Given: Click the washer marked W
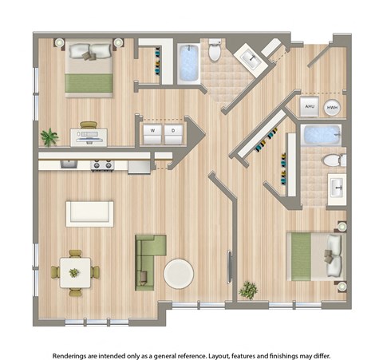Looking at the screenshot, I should (152, 130).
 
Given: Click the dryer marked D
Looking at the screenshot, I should (175, 130).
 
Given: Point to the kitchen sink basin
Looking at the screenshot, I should (68, 165).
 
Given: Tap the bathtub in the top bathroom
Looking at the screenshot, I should (188, 62).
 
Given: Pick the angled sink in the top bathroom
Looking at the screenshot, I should (250, 58).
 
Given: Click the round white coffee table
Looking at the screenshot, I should (178, 274).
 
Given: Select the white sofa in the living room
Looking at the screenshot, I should (89, 213).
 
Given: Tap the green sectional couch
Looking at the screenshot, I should (149, 260).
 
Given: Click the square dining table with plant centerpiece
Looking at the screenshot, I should (74, 272).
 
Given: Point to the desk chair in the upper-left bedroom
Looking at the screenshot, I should (88, 125).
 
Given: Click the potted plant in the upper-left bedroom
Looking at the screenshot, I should (49, 137).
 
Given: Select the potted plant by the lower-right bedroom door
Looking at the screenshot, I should (248, 289).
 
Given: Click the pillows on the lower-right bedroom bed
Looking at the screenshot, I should (334, 255).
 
